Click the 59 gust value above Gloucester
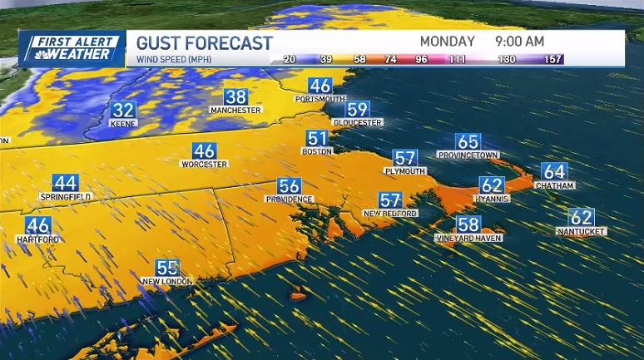357,109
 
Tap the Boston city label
318,151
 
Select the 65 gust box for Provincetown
468,141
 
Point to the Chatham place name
554,185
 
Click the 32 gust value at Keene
124,110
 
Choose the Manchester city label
235,110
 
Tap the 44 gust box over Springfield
65,183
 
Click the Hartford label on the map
37,239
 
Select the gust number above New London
168,268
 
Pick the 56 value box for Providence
289,186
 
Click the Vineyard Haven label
467,239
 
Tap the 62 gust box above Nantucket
582,217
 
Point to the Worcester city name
204,164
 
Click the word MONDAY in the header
447,41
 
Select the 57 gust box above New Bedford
389,200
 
